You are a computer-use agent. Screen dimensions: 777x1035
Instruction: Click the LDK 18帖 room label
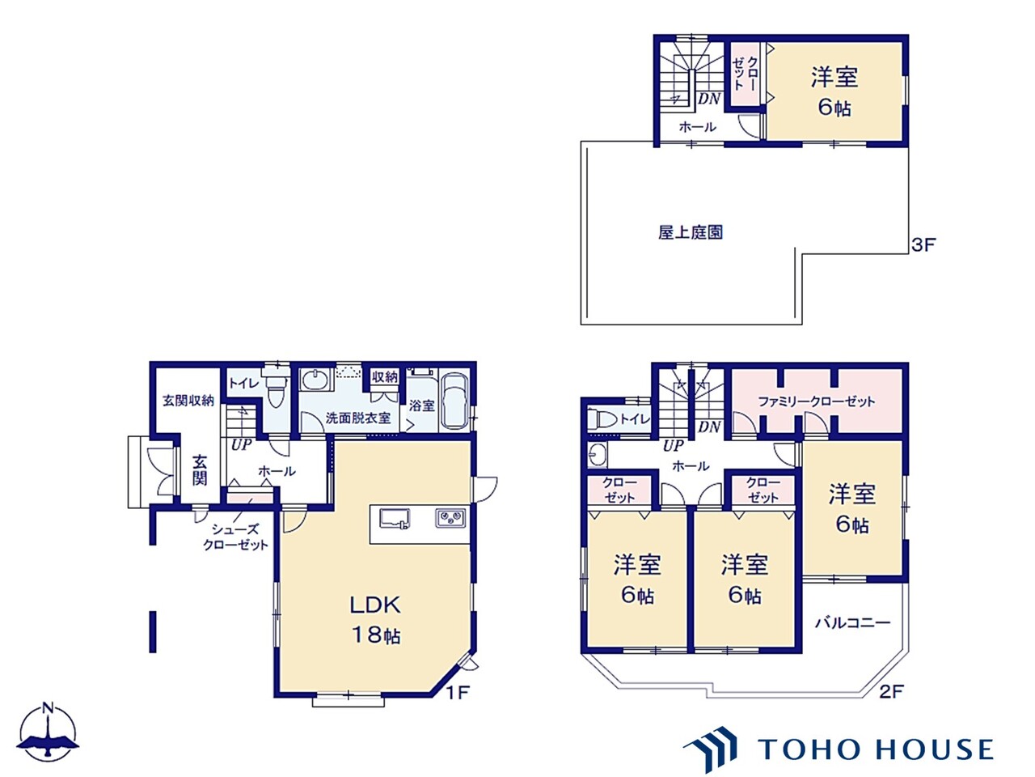click(375, 619)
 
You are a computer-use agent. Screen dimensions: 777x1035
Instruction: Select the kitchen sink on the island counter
click(395, 519)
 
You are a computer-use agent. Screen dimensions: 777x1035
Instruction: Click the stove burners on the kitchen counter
click(450, 518)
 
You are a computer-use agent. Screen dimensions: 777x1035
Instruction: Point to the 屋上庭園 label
click(690, 233)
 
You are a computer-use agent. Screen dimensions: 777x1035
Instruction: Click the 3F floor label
click(923, 244)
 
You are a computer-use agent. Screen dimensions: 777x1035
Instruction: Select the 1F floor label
click(457, 692)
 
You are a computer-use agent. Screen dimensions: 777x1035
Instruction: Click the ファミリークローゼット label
click(816, 401)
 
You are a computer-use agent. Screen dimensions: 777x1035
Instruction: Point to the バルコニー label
click(852, 622)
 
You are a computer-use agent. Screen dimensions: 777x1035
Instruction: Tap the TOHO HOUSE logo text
click(875, 749)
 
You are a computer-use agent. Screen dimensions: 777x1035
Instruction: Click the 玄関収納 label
click(188, 400)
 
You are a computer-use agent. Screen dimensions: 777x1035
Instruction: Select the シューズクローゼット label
click(235, 537)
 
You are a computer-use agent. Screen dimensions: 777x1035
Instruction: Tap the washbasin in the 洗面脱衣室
click(313, 380)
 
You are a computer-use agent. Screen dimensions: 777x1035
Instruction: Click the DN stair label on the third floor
click(709, 99)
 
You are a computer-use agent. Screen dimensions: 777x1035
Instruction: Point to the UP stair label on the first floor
click(241, 444)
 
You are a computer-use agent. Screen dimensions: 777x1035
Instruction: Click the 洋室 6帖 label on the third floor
click(834, 92)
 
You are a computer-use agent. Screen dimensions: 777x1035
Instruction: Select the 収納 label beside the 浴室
click(385, 377)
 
